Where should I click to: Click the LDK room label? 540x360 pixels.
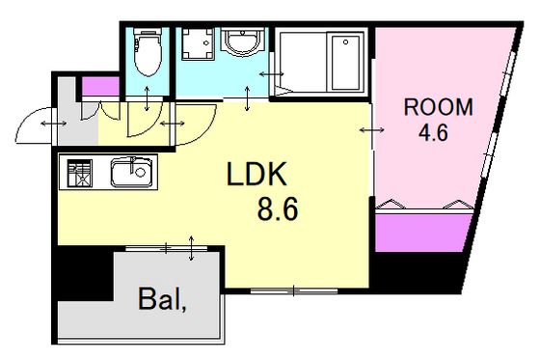[x=256, y=174]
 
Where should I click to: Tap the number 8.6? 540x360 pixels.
[x=278, y=210]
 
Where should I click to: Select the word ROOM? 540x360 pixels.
[x=438, y=107]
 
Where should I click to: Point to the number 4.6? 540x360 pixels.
[x=433, y=132]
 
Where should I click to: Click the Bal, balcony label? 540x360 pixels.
[x=162, y=299]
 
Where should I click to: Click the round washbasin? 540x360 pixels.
[x=243, y=42]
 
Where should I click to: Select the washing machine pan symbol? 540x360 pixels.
[x=198, y=43]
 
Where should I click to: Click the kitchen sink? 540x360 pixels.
[x=131, y=172]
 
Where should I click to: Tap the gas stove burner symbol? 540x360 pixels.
[x=80, y=173]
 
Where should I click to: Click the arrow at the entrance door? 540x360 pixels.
[x=54, y=124]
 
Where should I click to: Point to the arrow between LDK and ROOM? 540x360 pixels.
[x=372, y=130]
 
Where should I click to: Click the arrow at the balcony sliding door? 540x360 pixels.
[x=192, y=248]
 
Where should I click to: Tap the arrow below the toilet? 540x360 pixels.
[x=147, y=98]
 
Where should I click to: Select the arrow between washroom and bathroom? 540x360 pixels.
[x=271, y=73]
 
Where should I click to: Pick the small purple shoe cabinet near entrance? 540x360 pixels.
[x=100, y=86]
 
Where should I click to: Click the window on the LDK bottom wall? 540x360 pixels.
[x=294, y=291]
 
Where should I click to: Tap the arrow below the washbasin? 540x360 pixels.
[x=247, y=98]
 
